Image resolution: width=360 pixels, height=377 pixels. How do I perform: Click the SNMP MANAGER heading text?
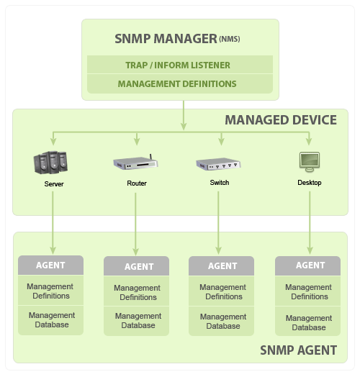[x=166, y=38]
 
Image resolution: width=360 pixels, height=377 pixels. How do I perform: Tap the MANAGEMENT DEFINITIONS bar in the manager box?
[x=177, y=84]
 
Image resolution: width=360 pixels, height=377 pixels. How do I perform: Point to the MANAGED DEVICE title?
[x=281, y=119]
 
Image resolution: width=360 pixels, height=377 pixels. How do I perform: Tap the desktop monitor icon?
[x=310, y=162]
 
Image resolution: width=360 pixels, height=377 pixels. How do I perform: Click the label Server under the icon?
[x=54, y=184]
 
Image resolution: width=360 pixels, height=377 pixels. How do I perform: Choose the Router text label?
[x=137, y=183]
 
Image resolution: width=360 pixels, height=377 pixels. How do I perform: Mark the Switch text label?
[x=220, y=183]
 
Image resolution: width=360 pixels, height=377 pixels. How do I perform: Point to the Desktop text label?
[x=310, y=183]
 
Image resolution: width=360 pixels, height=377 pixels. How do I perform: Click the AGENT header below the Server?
[x=50, y=265]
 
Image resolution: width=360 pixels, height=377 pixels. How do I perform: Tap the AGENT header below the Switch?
[x=222, y=266]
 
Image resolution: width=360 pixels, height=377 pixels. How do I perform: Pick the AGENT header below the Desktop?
[x=310, y=265]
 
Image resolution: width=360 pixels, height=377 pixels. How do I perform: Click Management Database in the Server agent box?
[x=51, y=320]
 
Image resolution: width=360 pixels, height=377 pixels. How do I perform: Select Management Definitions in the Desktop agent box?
[x=309, y=292]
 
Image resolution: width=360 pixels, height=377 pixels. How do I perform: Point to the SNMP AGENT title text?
[x=298, y=350]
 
